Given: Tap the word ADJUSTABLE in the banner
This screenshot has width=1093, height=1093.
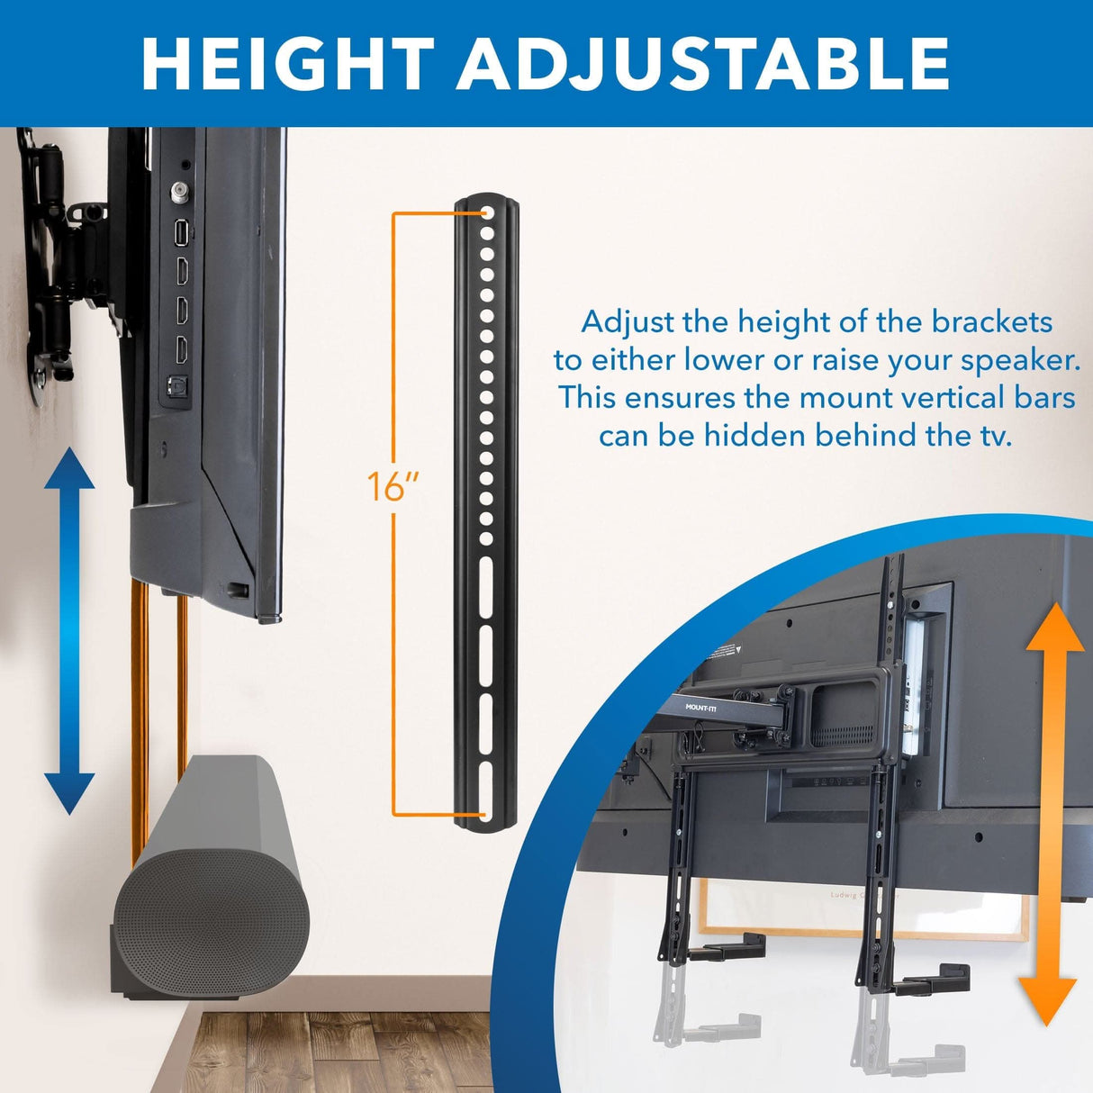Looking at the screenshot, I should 704,63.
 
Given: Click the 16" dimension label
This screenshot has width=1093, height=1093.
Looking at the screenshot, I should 393,487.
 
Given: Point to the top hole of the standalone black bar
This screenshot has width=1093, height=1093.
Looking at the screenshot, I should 486,215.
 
